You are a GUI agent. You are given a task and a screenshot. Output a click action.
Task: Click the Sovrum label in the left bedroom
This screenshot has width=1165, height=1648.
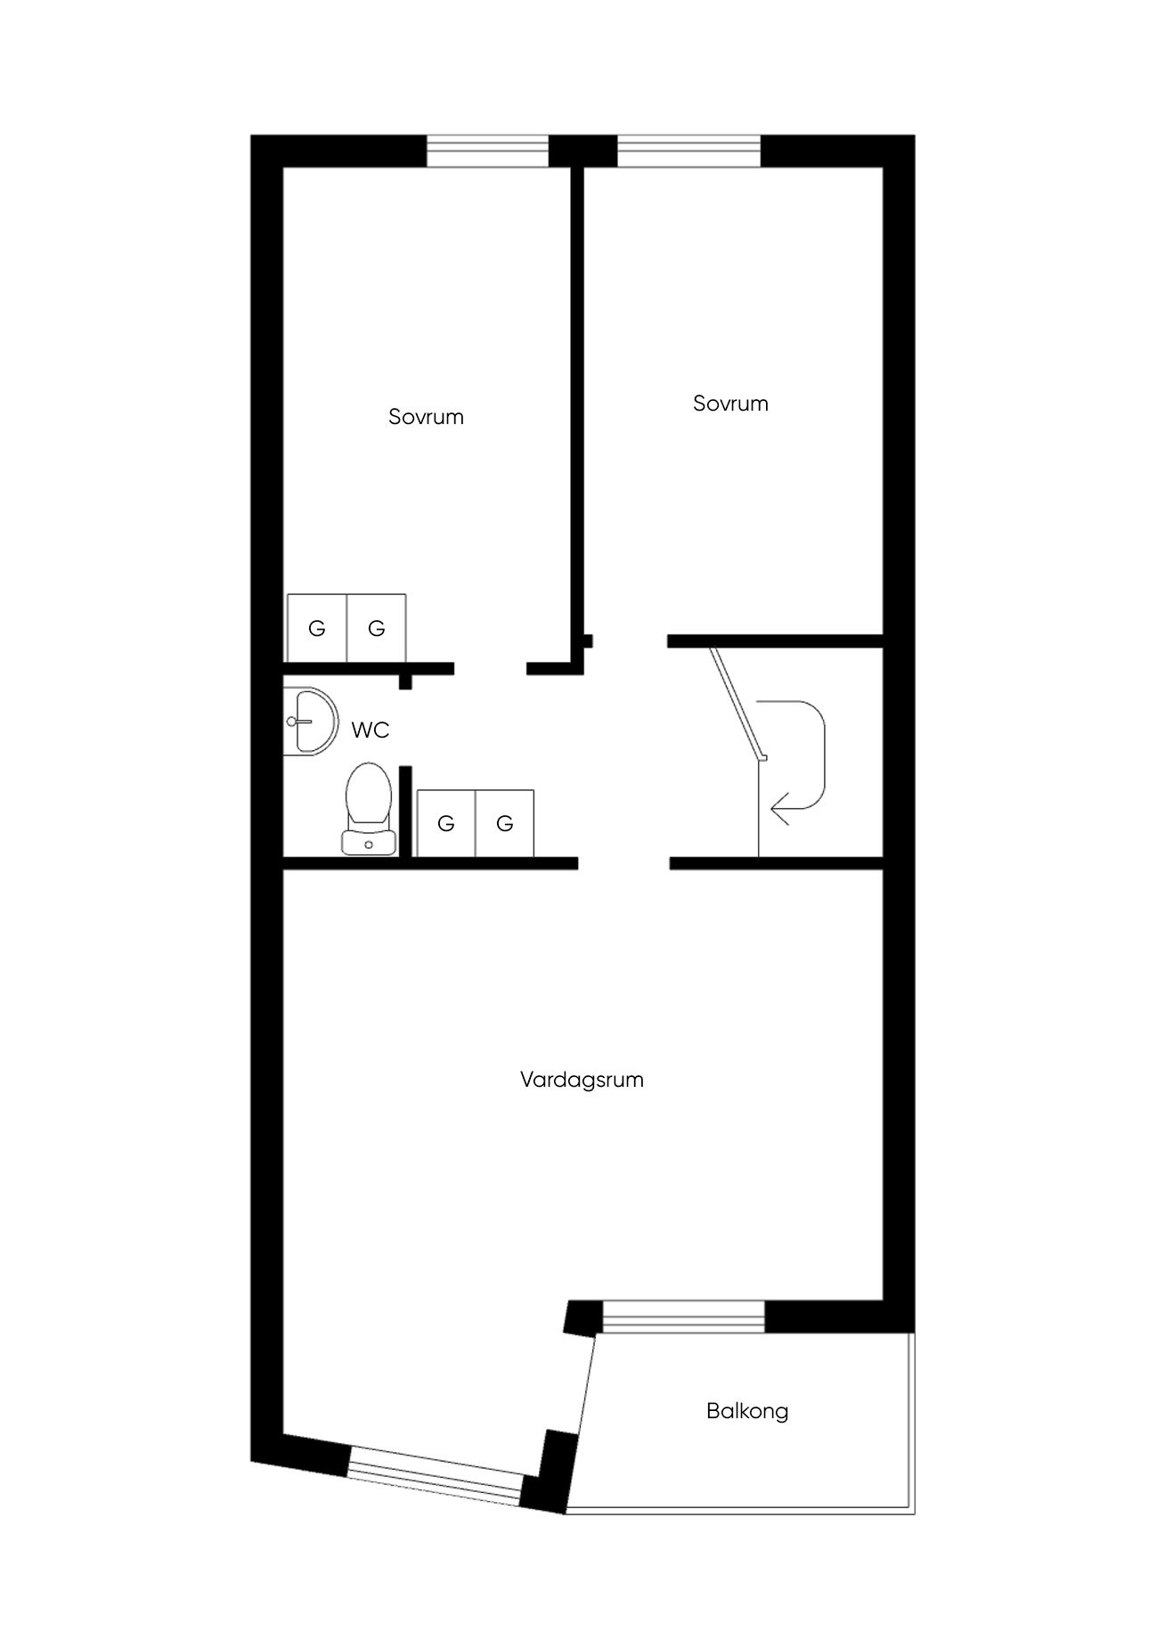pos(426,417)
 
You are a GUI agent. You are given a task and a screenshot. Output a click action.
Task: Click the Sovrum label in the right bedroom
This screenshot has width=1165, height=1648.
pos(730,404)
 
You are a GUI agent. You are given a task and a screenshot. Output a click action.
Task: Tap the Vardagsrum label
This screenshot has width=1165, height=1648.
pos(582,1080)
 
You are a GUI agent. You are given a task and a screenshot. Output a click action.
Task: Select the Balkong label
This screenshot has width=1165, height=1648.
pos(747,1411)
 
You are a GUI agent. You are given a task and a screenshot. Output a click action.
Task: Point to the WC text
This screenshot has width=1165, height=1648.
pos(371,730)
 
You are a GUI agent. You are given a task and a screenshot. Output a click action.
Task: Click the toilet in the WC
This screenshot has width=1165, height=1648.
pos(370,806)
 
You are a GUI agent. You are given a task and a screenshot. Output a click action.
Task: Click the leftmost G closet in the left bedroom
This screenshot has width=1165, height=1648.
pos(316,628)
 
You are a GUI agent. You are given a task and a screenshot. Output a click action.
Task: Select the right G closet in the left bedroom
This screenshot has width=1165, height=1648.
pos(377,628)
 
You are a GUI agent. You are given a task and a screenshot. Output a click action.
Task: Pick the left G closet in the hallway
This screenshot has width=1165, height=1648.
pos(446,823)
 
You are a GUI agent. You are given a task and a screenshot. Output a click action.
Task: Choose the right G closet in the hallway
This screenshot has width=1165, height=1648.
pos(505,823)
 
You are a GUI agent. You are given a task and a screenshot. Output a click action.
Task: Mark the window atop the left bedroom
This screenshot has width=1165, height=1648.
pos(487,151)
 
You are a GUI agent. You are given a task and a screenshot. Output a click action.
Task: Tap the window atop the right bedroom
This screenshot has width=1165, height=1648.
pos(689,151)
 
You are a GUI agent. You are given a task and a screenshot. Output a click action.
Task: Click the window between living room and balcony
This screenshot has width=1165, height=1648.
pos(683,1317)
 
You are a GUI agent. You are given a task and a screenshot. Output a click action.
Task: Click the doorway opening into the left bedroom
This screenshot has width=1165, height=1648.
pos(491,668)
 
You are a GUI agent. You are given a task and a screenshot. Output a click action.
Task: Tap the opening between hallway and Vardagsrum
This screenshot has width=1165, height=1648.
pos(623,862)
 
